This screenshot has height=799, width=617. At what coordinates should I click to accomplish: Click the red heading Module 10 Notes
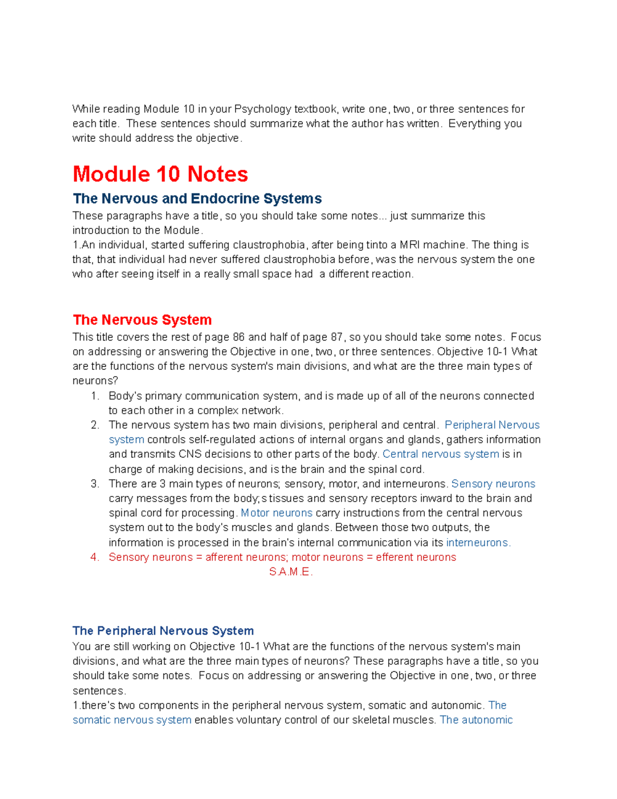160,174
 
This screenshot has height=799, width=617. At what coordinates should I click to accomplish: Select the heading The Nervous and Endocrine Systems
197,199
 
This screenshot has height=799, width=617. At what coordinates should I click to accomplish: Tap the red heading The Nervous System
142,320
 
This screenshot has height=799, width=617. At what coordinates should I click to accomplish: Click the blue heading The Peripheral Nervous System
163,631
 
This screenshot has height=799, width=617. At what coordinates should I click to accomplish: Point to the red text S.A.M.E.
291,572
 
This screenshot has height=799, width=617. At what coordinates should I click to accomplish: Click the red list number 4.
95,557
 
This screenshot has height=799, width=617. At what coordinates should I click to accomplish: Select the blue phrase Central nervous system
441,454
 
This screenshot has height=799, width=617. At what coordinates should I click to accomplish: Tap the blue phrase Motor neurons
277,513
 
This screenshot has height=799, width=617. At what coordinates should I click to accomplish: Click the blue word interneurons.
478,542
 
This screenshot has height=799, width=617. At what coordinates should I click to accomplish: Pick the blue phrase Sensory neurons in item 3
493,484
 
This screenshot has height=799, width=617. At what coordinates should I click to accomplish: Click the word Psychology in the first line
263,109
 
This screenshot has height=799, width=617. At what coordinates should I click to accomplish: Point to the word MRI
409,245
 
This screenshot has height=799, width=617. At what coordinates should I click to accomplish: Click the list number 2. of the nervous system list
95,425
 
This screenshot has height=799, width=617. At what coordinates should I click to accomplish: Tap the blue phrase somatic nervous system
132,720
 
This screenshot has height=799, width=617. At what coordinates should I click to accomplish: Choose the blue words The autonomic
476,720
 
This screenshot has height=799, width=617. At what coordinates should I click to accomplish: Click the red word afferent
224,557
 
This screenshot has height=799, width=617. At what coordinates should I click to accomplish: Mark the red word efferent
394,557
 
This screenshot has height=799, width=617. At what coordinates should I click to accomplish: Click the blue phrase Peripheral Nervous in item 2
492,425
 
